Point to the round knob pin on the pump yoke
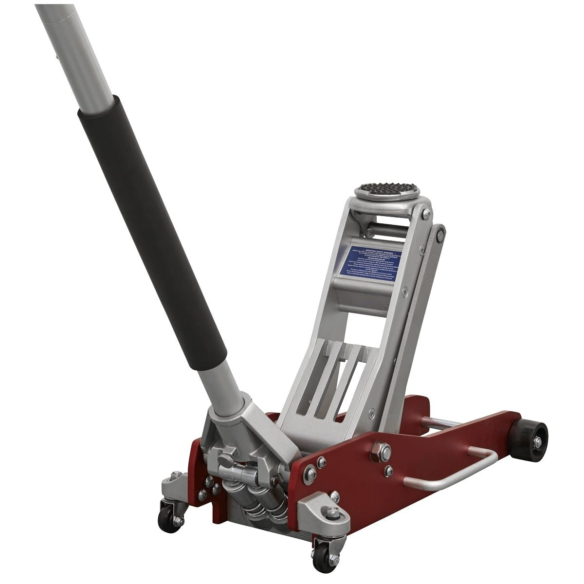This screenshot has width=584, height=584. pyautogui.click(x=225, y=457)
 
